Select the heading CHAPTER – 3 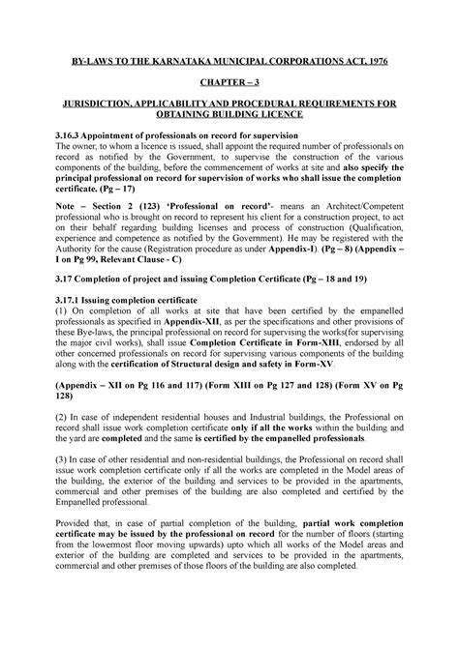(x=229, y=85)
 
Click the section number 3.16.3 (x=74, y=135)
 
